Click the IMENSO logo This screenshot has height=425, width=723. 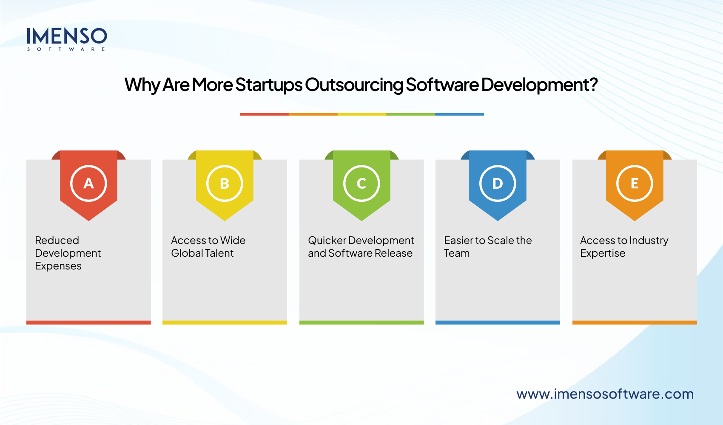[x=67, y=39]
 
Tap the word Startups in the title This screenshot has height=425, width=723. [x=269, y=85]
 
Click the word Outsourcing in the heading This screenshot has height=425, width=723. [x=354, y=85]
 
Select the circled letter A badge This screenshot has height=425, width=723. [x=88, y=183]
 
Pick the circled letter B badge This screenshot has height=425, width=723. [x=225, y=183]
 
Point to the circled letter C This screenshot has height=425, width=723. [x=361, y=183]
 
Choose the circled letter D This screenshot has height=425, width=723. [x=498, y=183]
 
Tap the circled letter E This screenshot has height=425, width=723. [x=635, y=183]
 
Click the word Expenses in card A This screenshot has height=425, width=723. [x=58, y=266]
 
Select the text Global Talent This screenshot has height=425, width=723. [x=202, y=253]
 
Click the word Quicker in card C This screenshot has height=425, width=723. [x=327, y=241]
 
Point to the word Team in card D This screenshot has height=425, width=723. [x=457, y=253]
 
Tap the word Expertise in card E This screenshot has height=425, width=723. [x=603, y=253]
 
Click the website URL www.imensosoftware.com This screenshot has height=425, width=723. [x=605, y=394]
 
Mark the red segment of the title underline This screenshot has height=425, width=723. [x=264, y=114]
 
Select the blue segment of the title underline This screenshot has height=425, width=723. [x=459, y=114]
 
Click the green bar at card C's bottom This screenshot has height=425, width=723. [x=361, y=323]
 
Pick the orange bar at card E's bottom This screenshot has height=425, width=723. [x=635, y=323]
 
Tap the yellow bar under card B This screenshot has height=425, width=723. [x=225, y=323]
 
